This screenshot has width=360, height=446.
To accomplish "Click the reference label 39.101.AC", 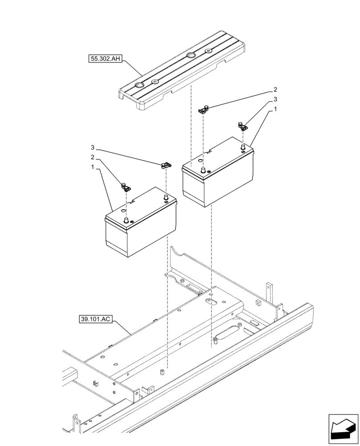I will (95, 319).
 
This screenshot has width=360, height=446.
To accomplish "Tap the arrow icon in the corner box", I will (343, 429).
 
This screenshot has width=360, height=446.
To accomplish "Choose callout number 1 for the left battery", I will (93, 167).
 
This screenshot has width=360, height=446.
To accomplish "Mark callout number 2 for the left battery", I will (93, 157).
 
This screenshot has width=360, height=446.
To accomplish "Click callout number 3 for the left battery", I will (93, 147).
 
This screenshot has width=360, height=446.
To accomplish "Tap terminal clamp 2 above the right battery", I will (204, 109).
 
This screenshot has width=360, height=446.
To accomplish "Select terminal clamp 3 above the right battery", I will (243, 126).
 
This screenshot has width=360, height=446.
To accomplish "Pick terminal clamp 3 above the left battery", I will (165, 166).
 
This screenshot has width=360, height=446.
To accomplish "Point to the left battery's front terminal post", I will (126, 220).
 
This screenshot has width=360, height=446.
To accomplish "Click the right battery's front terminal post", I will (204, 170).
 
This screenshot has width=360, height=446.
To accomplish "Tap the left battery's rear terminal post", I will (166, 197).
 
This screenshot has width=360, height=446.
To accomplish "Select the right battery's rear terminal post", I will (243, 146).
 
